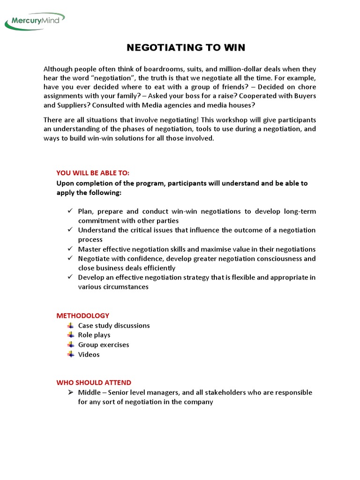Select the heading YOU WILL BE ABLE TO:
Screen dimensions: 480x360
92,173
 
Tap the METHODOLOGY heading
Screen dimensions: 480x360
83,315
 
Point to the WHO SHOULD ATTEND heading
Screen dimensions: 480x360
94,382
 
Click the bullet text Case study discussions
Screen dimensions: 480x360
114,325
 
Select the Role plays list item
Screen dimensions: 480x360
94,335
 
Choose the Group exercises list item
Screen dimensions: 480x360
104,345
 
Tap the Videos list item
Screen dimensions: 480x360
89,354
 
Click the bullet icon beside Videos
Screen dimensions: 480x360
70,354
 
